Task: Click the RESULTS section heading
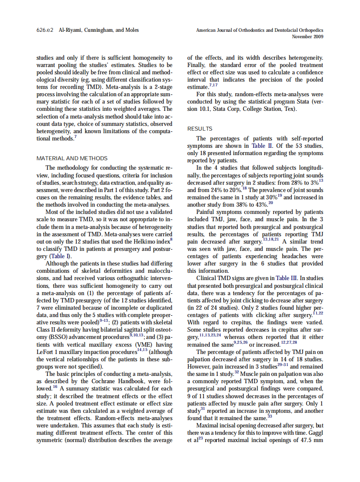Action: coord(200,128)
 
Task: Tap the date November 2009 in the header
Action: coord(307,37)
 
